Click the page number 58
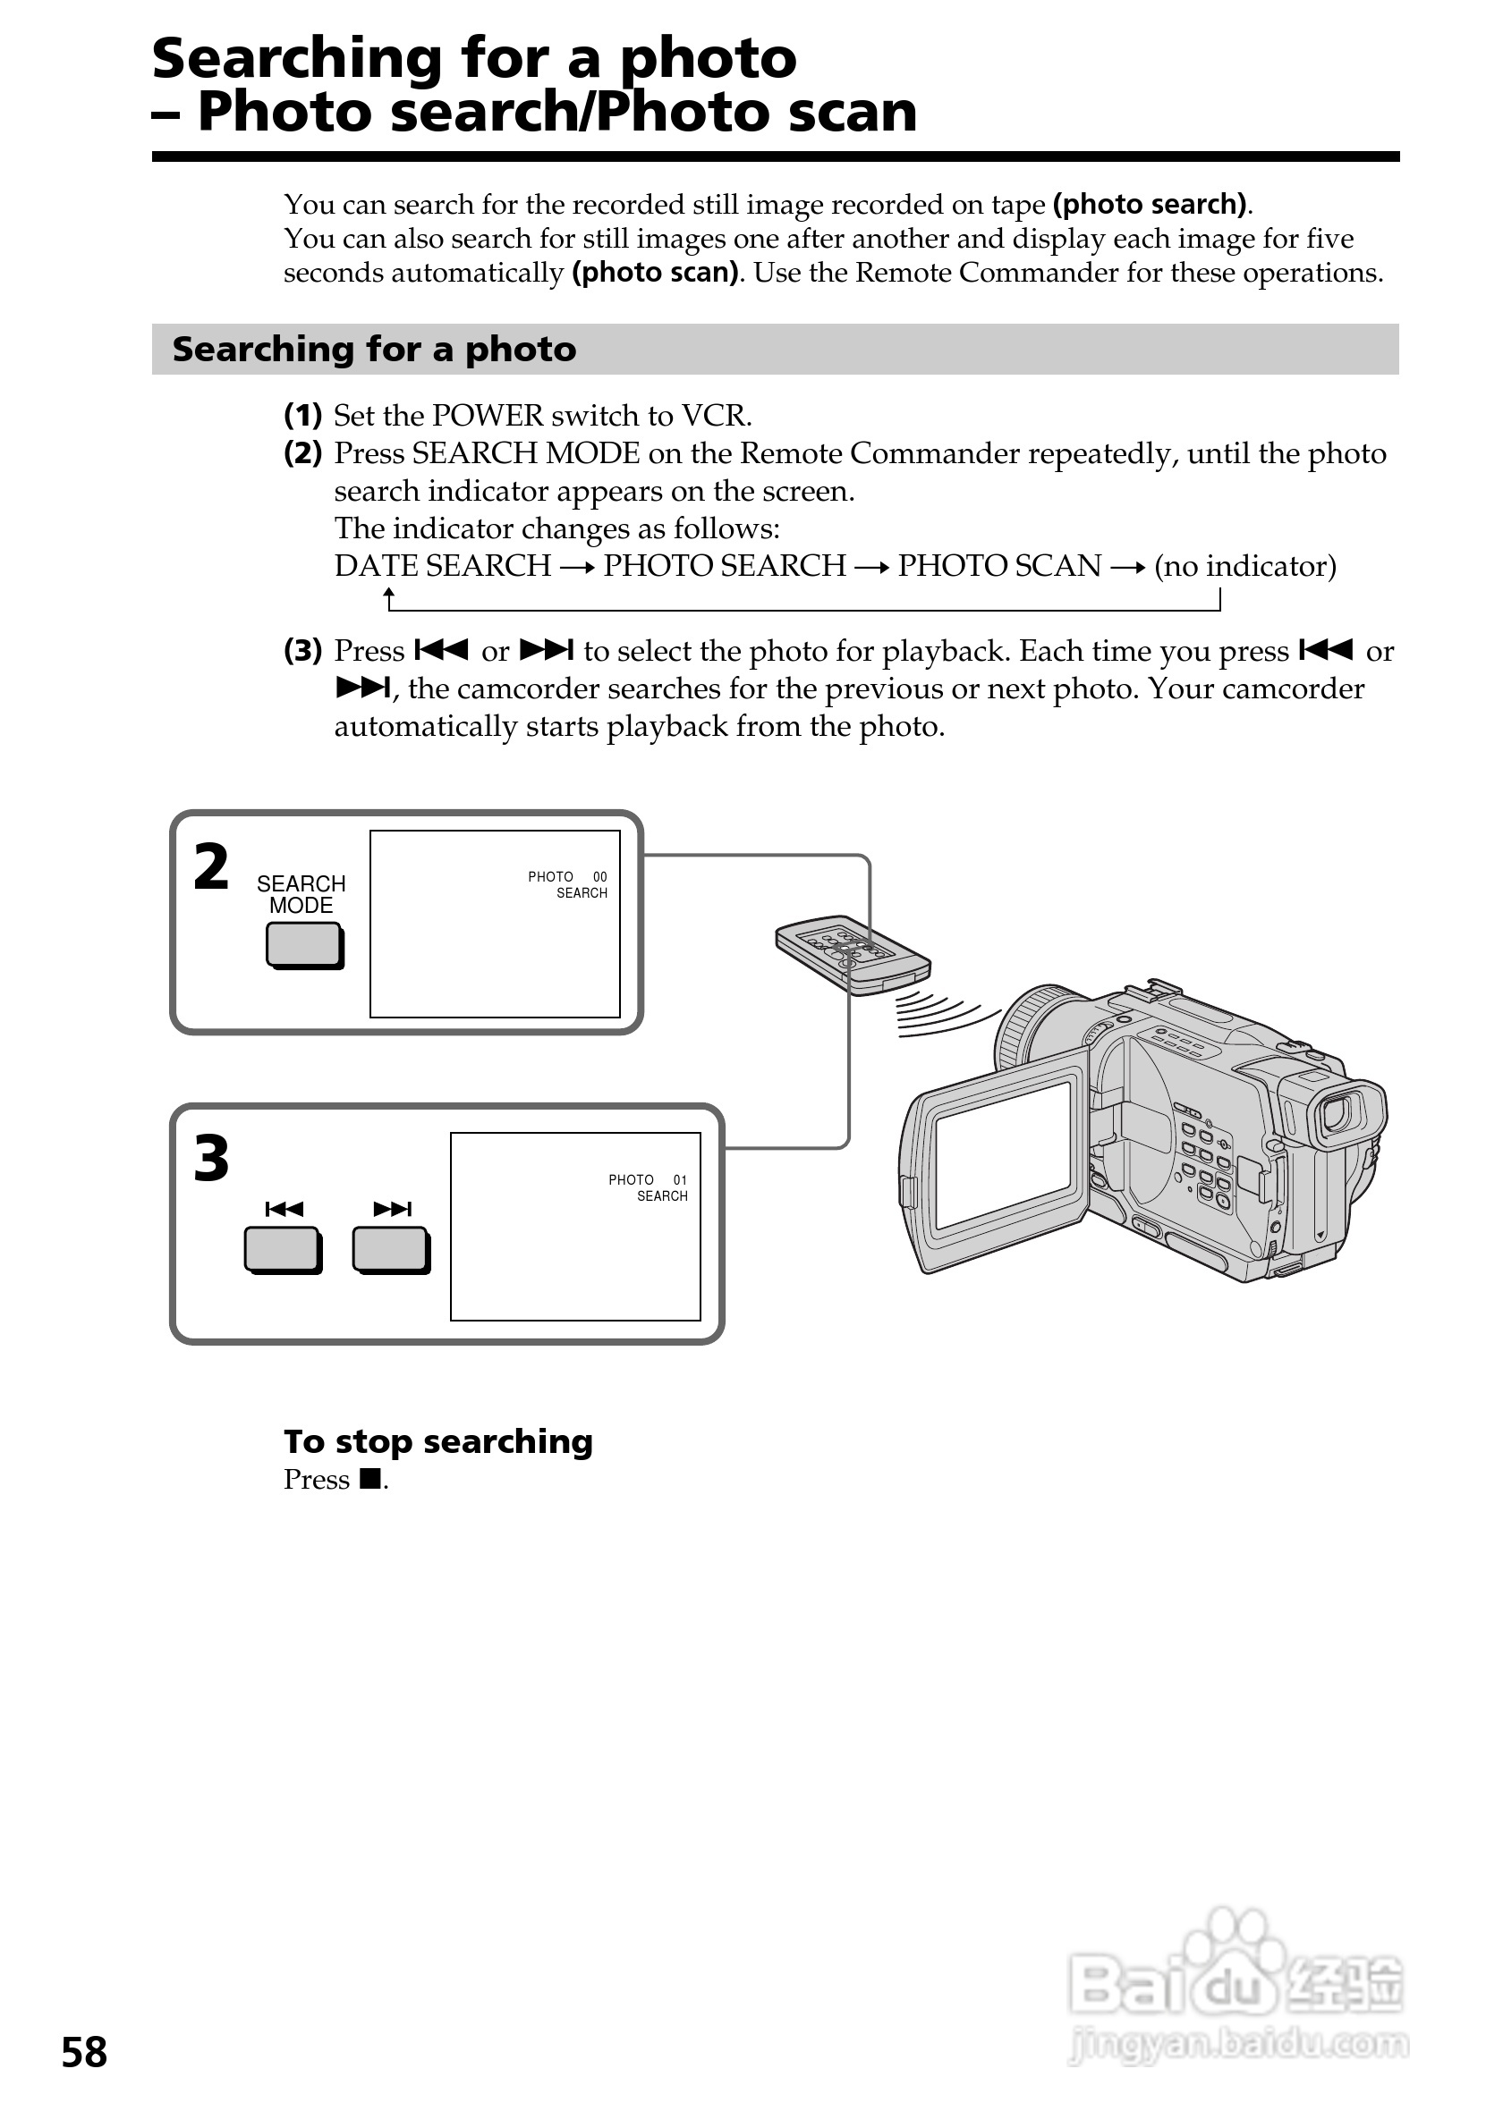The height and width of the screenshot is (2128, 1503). pyautogui.click(x=84, y=2052)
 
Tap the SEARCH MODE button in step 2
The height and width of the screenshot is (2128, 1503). pyautogui.click(x=303, y=945)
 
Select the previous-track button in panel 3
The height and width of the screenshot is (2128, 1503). pyautogui.click(x=282, y=1249)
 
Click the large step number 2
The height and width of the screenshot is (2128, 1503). pyautogui.click(x=211, y=867)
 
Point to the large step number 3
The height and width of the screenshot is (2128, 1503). pyautogui.click(x=211, y=1159)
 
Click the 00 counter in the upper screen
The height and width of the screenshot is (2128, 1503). pyautogui.click(x=600, y=877)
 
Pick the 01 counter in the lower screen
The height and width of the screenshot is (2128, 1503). pyautogui.click(x=680, y=1180)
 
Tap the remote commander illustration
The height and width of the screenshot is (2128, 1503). pyautogui.click(x=852, y=956)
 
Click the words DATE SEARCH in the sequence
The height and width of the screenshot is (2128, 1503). pyautogui.click(x=442, y=565)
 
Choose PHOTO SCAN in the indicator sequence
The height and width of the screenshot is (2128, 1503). pyautogui.click(x=998, y=565)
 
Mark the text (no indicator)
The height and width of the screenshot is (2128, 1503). pyautogui.click(x=1244, y=565)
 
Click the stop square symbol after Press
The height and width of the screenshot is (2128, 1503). pyautogui.click(x=370, y=1479)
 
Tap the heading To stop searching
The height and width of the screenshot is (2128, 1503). pyautogui.click(x=437, y=1441)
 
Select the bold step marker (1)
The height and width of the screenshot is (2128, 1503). pyautogui.click(x=302, y=415)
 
